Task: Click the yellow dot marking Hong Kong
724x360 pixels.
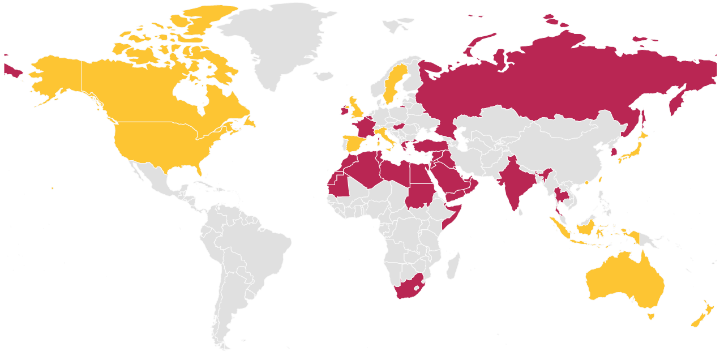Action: pyautogui.click(x=586, y=183)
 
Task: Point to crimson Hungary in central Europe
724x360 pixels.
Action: pyautogui.click(x=400, y=126)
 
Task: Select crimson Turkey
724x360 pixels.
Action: pyautogui.click(x=427, y=146)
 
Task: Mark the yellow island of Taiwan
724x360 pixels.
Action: pyautogui.click(x=599, y=179)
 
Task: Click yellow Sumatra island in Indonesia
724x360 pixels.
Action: pyautogui.click(x=560, y=226)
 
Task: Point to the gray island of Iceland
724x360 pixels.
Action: pyautogui.click(x=323, y=76)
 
